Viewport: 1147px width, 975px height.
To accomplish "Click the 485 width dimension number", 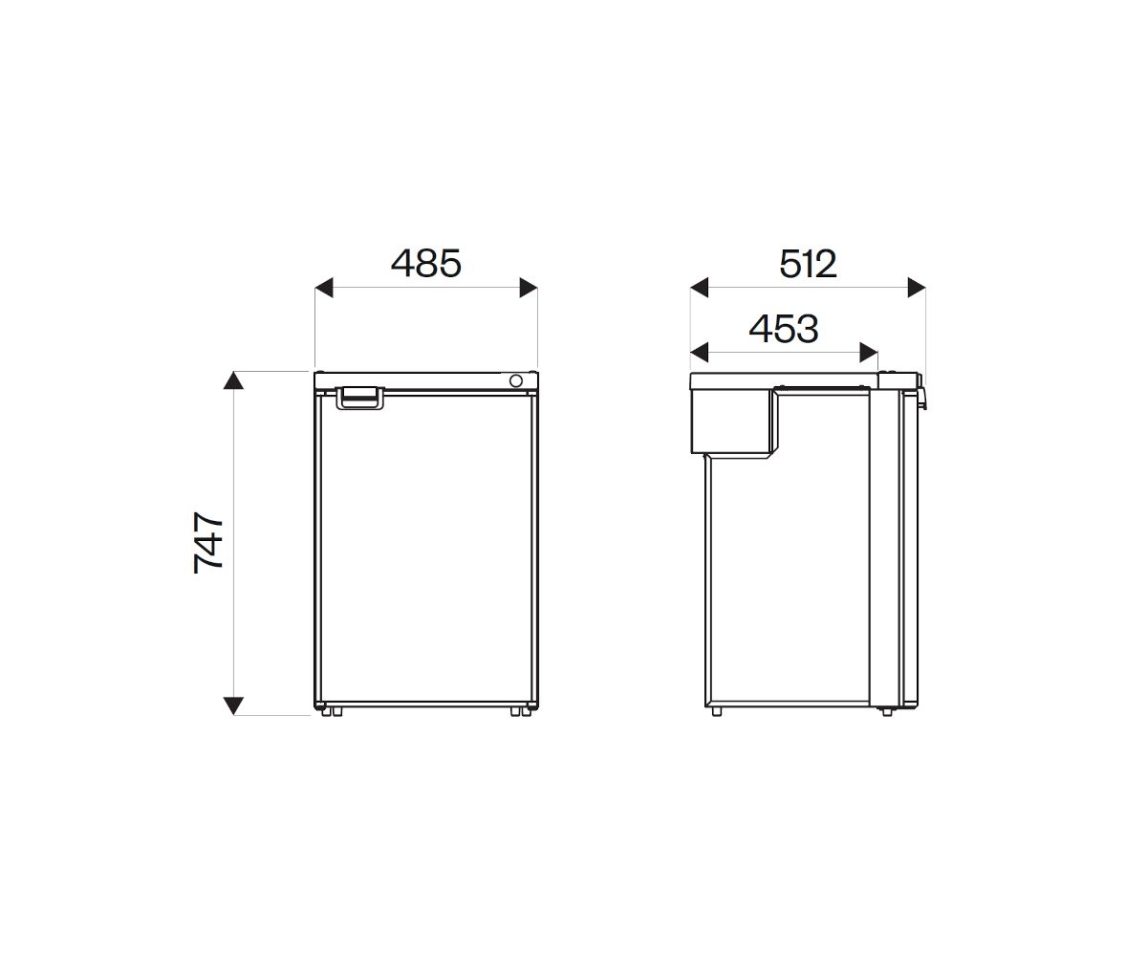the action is (x=425, y=263).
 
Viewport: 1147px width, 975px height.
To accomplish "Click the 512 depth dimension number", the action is (x=808, y=264).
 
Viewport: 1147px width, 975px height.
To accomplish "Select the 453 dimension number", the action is (x=783, y=329).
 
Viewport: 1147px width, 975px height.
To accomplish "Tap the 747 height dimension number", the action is (x=208, y=542).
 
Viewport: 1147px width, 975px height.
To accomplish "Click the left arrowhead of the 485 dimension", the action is (x=323, y=288).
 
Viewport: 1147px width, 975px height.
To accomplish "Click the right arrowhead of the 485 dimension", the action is (x=529, y=288).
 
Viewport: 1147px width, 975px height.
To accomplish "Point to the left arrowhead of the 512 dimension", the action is (x=699, y=288).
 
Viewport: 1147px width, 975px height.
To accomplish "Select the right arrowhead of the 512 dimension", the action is (x=917, y=288).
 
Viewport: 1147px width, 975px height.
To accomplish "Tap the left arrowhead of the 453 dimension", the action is (x=699, y=353).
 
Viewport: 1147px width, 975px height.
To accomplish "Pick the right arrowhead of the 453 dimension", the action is (x=869, y=353).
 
